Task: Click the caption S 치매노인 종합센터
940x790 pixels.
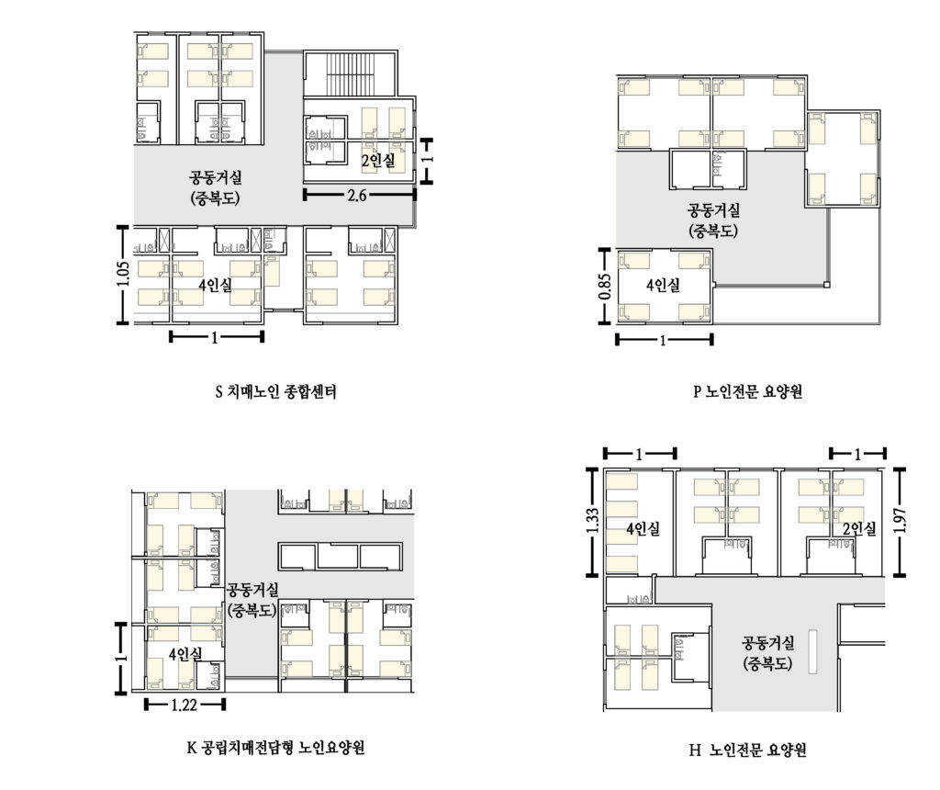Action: [x=275, y=391]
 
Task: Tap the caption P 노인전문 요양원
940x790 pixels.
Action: [x=747, y=391]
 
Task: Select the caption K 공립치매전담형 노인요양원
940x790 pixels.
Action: [x=275, y=748]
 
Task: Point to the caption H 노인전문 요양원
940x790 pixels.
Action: [x=747, y=750]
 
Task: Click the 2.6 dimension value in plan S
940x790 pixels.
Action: [x=357, y=195]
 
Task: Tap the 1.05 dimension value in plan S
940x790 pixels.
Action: [x=123, y=274]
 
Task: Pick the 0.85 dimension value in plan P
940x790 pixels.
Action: [x=604, y=287]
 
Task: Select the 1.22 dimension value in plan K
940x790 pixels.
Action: [x=184, y=705]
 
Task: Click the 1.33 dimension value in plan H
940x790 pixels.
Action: [x=592, y=521]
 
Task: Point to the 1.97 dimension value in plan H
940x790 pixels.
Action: [x=900, y=521]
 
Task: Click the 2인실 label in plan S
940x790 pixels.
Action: [x=377, y=160]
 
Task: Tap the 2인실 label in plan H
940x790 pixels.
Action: [x=859, y=528]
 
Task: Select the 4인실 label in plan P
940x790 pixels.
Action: [x=663, y=285]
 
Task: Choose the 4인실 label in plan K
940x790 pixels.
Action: [x=185, y=654]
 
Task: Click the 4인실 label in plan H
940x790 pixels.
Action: [x=643, y=528]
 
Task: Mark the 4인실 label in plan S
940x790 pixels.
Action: [x=215, y=285]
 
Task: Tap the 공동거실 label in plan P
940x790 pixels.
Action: [x=713, y=210]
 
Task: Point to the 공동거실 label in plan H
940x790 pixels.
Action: [x=768, y=643]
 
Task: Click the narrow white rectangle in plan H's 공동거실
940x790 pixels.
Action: [x=813, y=651]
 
